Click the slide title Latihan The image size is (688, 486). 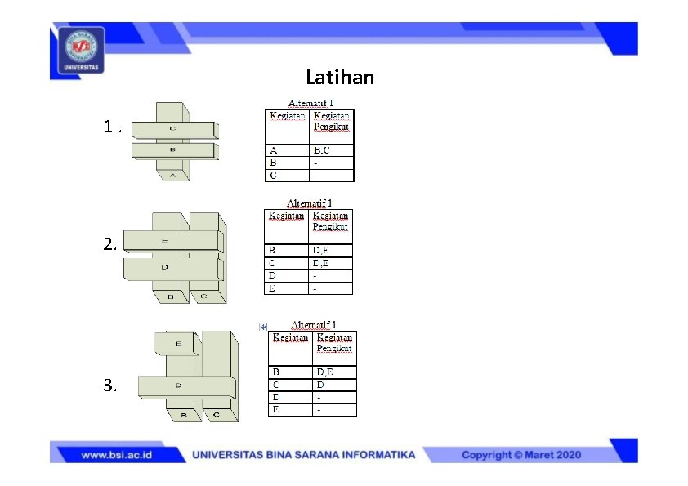coord(340,78)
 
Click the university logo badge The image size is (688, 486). coord(80,50)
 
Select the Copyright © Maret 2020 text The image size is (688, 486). coord(521,455)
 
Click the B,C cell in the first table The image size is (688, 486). coord(321,150)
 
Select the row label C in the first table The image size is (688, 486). coord(273,175)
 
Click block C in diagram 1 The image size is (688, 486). coord(172,129)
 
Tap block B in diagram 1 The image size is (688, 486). coord(172,150)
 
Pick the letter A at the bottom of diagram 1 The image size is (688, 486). coord(172,175)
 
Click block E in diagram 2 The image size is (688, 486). coord(165,240)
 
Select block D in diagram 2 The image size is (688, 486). coord(165,267)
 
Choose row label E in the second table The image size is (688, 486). coord(272,288)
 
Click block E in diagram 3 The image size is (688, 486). coord(178,344)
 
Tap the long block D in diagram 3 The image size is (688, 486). coord(178,384)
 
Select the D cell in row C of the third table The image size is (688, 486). coord(320,384)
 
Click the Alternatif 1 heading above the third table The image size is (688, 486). coord(313,325)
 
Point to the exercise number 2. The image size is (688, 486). coord(109,244)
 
